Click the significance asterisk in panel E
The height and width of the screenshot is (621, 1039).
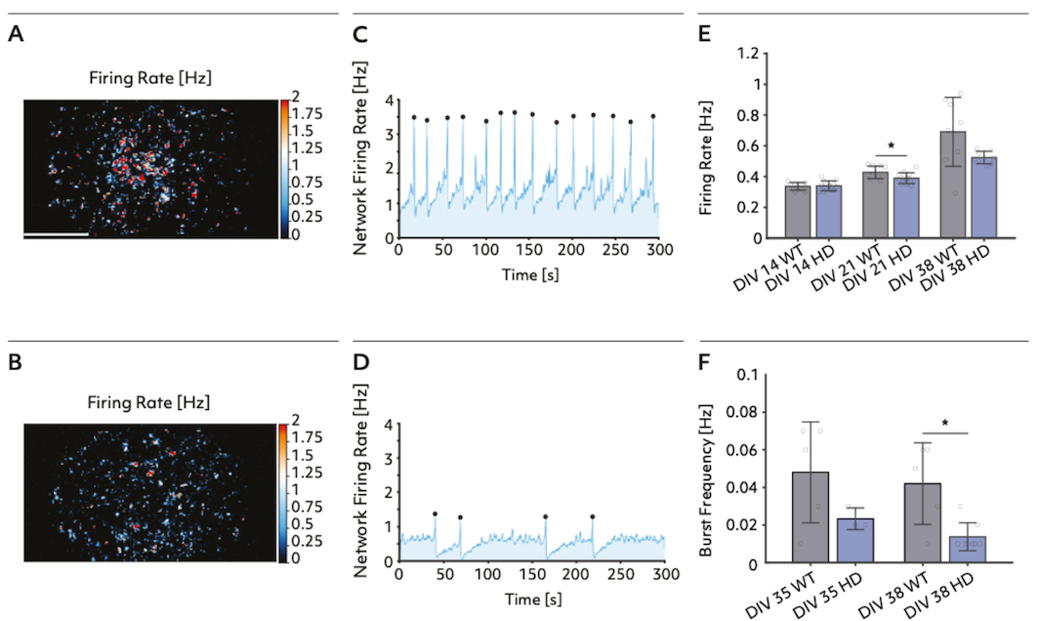(891, 145)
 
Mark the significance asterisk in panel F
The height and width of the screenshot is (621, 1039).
(945, 424)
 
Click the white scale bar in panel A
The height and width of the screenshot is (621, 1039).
(56, 234)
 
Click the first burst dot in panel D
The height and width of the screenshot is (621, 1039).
(436, 514)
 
